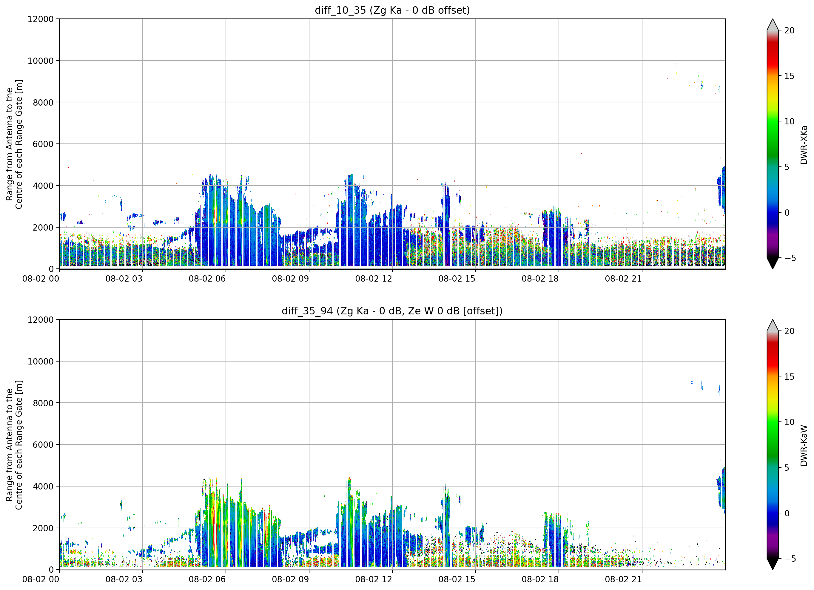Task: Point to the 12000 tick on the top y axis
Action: tap(41, 19)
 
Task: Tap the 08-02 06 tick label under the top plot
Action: tap(207, 279)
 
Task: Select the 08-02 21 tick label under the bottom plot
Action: tap(623, 580)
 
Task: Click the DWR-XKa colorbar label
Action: tap(804, 145)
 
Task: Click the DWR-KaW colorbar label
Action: tap(804, 445)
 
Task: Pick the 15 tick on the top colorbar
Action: tap(789, 76)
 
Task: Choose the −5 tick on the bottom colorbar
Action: tap(788, 559)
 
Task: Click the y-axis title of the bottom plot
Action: tap(14, 445)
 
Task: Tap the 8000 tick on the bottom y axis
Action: tap(43, 403)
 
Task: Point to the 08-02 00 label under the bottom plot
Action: tap(41, 580)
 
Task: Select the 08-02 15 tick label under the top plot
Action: tap(457, 279)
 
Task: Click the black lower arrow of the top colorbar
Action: tap(773, 263)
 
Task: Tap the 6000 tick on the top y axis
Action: tap(43, 144)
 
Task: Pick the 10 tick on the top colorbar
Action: tap(789, 122)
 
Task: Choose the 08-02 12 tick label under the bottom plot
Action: tap(374, 580)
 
